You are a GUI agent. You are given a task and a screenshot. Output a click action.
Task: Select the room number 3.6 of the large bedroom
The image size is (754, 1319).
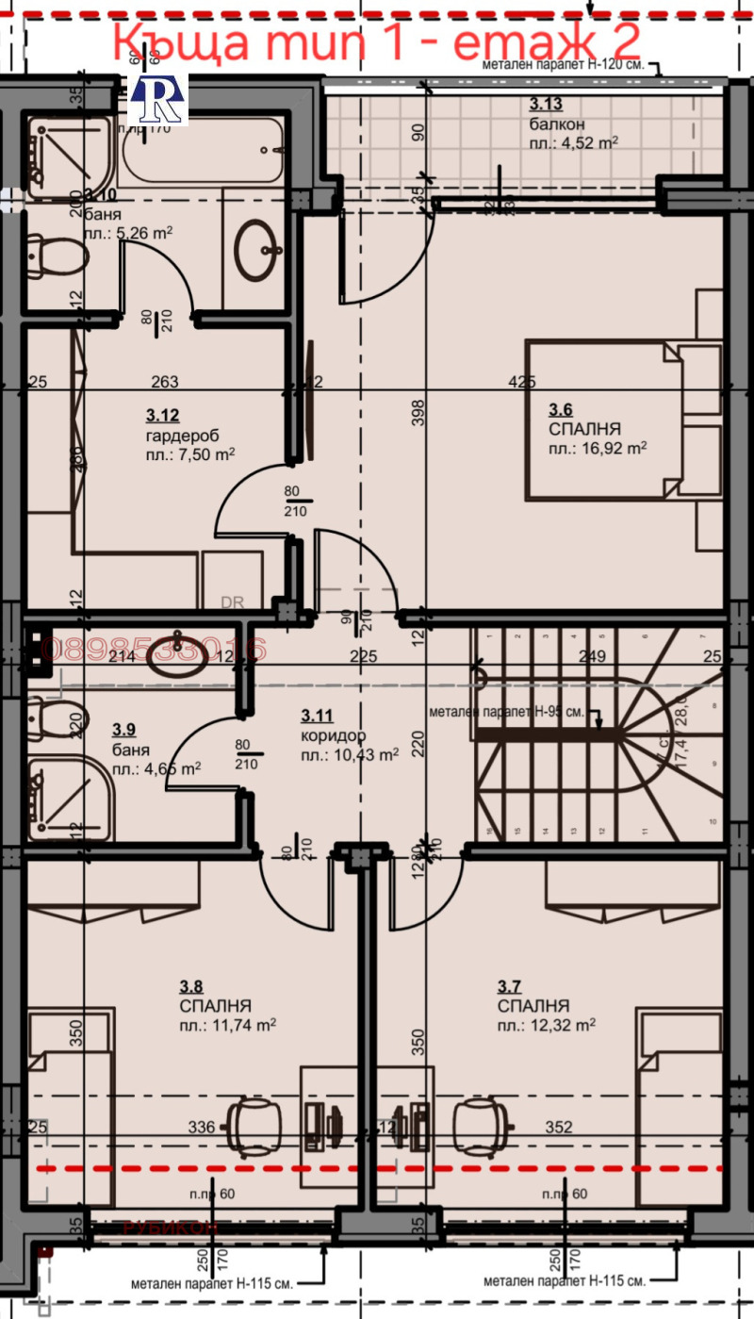(x=561, y=410)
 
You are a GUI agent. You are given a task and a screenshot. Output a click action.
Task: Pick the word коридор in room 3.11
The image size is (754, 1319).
(x=333, y=735)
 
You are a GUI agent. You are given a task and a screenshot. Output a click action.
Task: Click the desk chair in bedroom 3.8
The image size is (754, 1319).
(x=254, y=1123)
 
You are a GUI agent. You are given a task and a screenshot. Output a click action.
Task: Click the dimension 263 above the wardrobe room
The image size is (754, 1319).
(x=165, y=382)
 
